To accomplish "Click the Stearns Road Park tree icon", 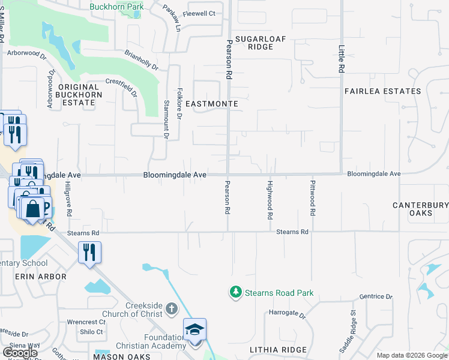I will [x=236, y=293].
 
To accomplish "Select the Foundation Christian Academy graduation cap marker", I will [x=194, y=331].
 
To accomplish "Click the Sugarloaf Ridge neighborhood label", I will [x=261, y=42].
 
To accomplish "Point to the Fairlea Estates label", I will [x=383, y=91].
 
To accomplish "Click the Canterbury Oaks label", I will [x=420, y=209].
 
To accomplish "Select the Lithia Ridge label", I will [x=278, y=350].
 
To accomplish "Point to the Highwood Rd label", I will [x=271, y=199].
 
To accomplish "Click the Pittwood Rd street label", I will [x=313, y=197].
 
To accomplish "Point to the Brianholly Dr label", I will [x=141, y=61].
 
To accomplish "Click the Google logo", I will [x=21, y=352].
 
